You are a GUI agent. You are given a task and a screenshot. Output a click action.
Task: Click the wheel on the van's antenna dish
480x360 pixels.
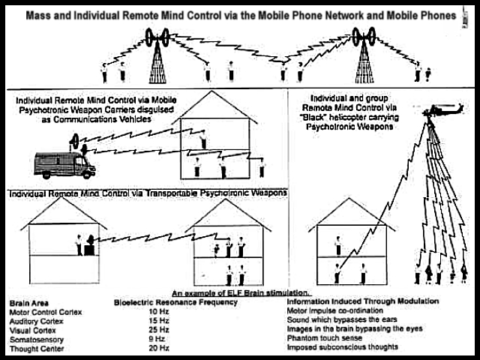click(75, 141)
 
